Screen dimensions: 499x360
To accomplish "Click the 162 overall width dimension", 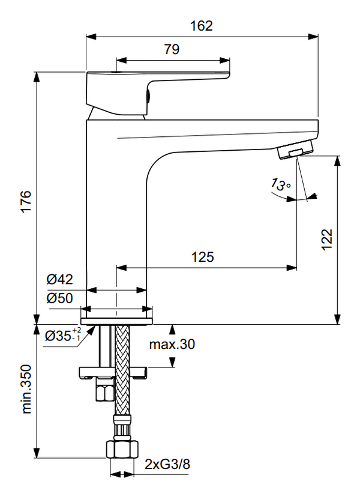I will (x=202, y=26).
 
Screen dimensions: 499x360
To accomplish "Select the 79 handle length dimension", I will (x=172, y=50).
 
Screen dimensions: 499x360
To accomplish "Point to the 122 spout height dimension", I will (x=326, y=240).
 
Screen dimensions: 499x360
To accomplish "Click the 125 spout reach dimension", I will (x=202, y=257).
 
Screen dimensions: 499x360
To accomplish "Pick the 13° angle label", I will (x=280, y=184).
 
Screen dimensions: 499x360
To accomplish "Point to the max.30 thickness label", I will (x=172, y=344).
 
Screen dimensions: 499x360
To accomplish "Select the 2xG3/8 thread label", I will (x=167, y=464).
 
